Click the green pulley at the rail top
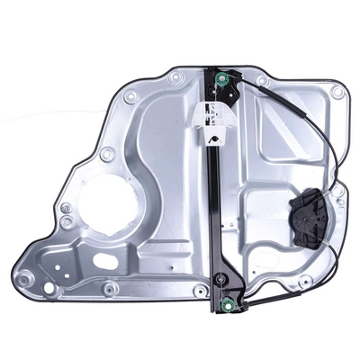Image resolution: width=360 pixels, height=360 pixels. (229, 87)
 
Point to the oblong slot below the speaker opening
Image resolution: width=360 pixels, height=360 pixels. (104, 262)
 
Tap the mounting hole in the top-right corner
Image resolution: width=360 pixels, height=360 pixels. (337, 92)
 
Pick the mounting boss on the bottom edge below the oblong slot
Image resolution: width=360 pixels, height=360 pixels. (110, 289)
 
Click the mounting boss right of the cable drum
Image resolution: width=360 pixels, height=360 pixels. (339, 202)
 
